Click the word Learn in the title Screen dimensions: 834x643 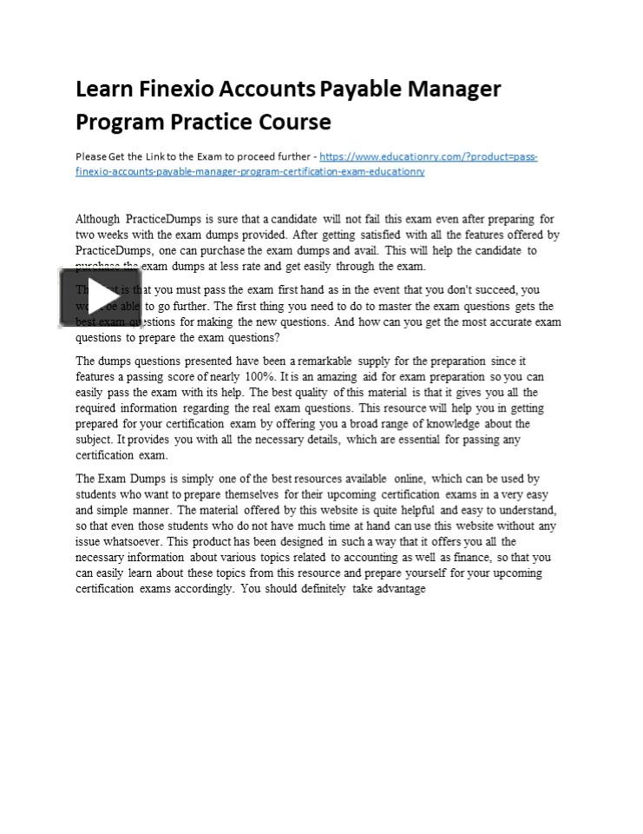[102, 89]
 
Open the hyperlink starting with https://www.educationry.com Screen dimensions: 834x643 [428, 157]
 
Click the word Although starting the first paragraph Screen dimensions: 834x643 [98, 219]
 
